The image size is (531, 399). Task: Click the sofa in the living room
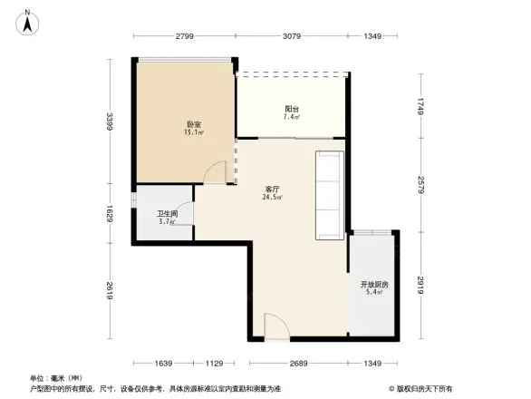328,193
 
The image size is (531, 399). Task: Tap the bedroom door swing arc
214,171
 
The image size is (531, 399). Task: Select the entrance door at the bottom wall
276,326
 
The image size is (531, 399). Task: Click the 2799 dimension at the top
185,35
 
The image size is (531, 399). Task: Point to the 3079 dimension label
291,35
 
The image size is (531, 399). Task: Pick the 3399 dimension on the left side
109,122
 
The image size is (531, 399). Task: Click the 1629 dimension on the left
109,214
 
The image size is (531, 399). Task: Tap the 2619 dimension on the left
109,290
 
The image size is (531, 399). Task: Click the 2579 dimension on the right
421,185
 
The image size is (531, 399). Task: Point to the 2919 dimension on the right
421,284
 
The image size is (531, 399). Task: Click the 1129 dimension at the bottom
214,364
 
